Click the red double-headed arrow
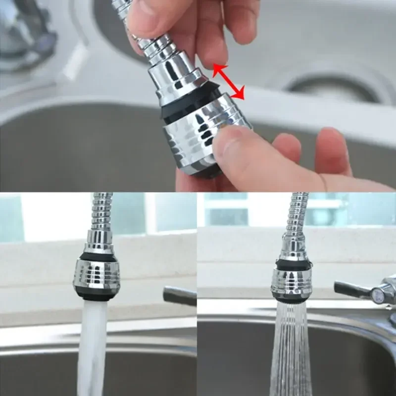pyautogui.click(x=229, y=82)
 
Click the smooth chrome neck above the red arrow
pyautogui.click(x=176, y=77)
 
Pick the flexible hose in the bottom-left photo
pyautogui.click(x=101, y=213)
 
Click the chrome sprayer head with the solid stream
pyautogui.click(x=97, y=277)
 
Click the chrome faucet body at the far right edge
pyautogui.click(x=386, y=292)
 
